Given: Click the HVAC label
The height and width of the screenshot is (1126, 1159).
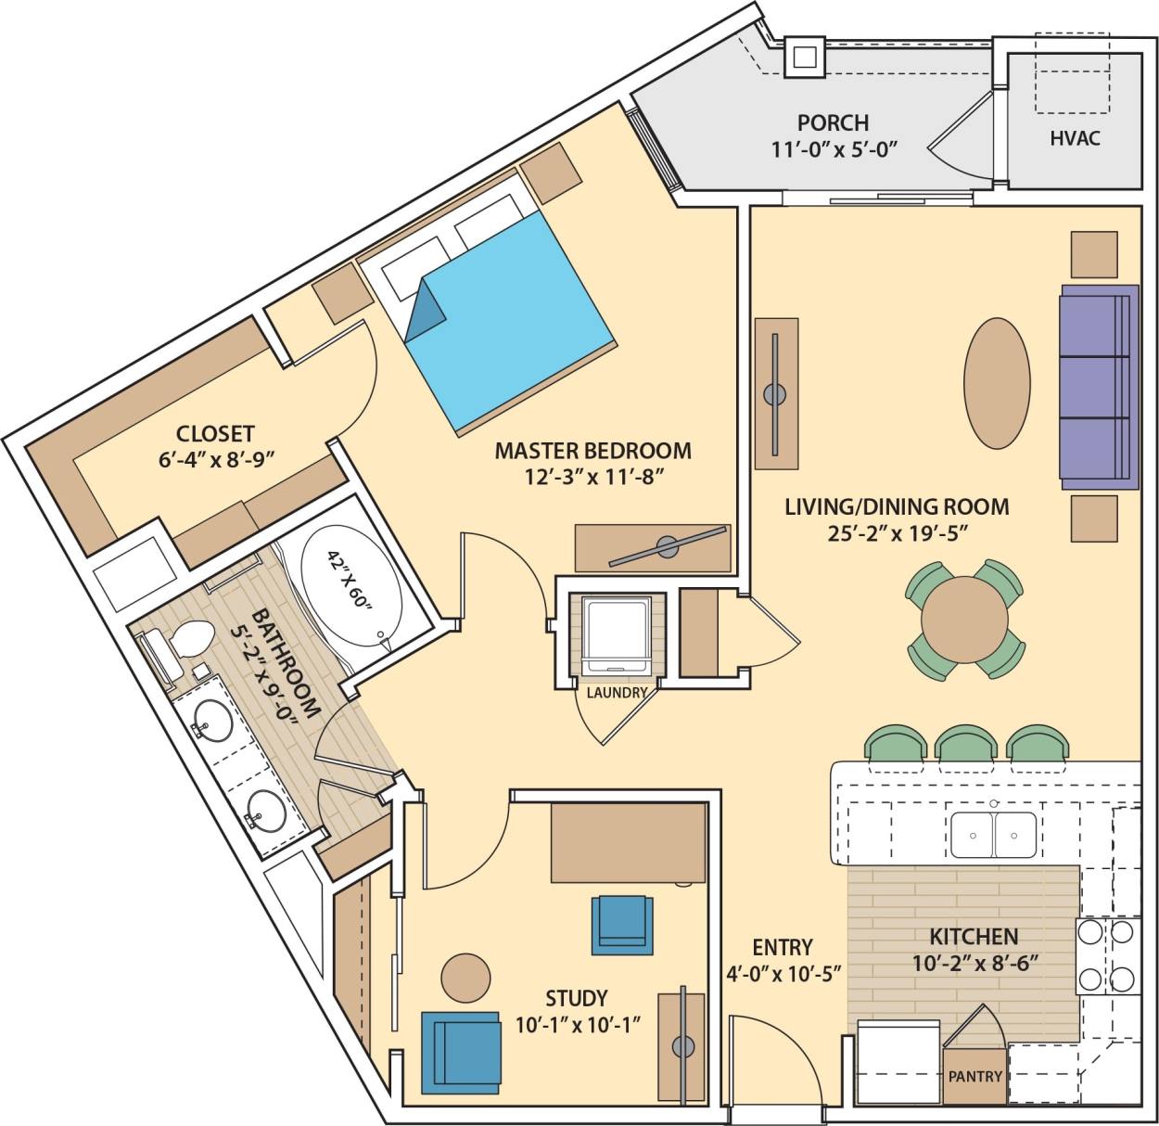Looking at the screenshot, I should point(1075,138).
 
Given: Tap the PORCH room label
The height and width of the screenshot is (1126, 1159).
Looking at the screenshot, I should point(833,122).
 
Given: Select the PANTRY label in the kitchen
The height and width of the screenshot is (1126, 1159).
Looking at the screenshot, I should point(974,1076).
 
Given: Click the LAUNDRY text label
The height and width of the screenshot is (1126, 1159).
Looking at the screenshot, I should point(616,692).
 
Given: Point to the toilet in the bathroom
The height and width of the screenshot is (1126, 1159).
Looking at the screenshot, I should point(185,642).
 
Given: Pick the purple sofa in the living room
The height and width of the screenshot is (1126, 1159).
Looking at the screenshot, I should point(1098,386).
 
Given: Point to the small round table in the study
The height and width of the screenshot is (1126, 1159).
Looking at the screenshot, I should point(465,977).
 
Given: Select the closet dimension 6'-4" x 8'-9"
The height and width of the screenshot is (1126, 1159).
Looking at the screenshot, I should point(215,458).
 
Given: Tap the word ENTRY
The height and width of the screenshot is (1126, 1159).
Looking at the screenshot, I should point(782,947).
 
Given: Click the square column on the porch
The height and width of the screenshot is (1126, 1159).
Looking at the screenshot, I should point(804,57).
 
